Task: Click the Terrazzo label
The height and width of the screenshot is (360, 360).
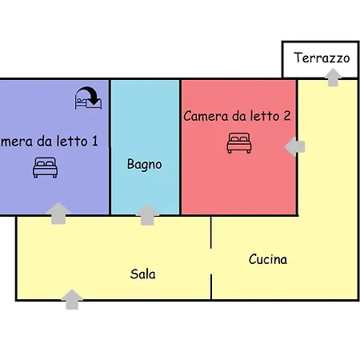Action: click(322, 58)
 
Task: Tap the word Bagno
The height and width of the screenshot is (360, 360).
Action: click(144, 164)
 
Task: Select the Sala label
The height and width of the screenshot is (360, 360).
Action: click(142, 274)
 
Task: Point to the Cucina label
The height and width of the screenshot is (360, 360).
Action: click(268, 259)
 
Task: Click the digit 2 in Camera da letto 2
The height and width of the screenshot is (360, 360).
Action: click(287, 116)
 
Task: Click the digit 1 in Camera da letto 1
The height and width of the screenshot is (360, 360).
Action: click(95, 141)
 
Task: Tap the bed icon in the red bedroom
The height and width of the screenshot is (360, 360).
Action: click(239, 143)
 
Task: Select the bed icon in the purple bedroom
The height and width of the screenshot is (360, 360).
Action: click(45, 167)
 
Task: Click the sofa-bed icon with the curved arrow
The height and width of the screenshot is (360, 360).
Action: click(88, 98)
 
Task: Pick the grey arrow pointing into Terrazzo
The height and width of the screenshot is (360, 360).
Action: click(333, 78)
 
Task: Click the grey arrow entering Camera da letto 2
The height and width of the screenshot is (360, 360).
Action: click(294, 146)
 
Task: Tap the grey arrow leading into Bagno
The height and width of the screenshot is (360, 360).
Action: click(147, 215)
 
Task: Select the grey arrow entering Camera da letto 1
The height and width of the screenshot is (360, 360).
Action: click(58, 214)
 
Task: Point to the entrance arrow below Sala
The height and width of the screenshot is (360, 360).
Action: click(72, 299)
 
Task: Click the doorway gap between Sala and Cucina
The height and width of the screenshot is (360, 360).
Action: click(211, 262)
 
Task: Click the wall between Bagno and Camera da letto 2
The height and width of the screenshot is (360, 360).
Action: click(180, 146)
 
